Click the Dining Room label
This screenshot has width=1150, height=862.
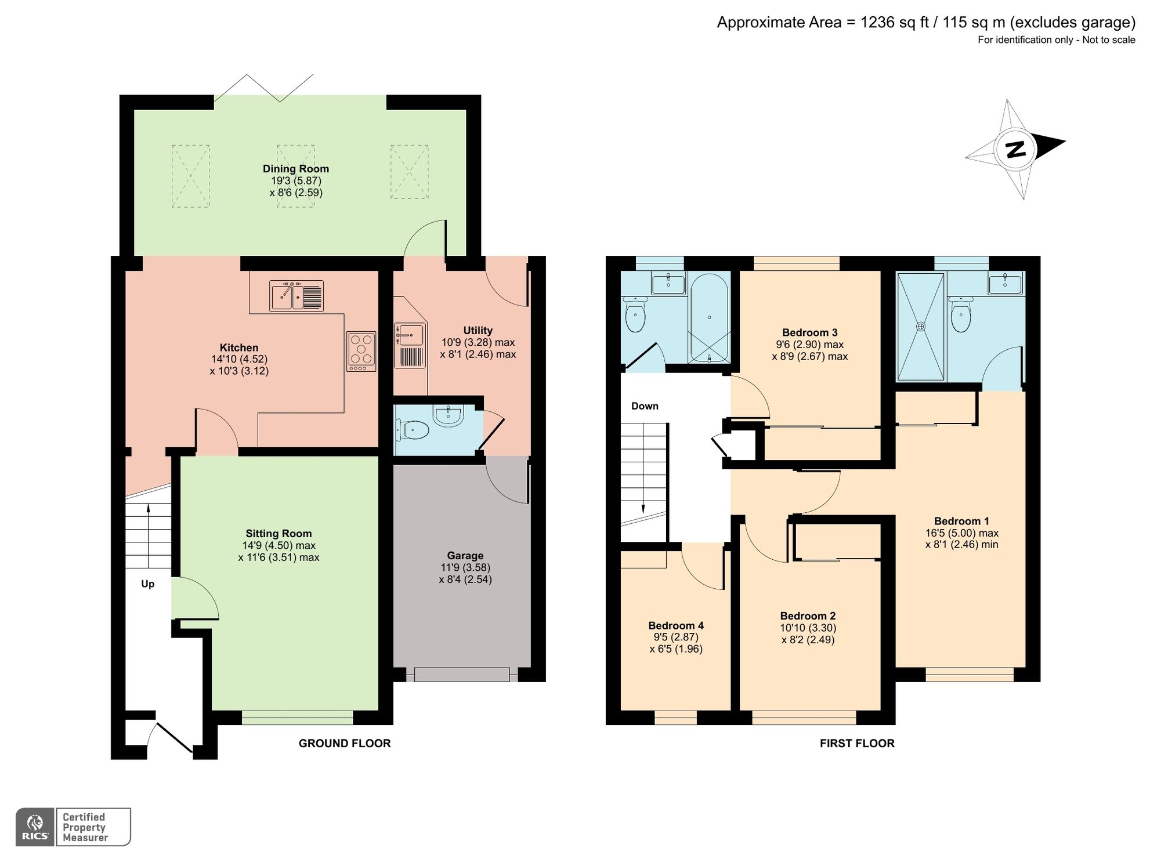coord(295,169)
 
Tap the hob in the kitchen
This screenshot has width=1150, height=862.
coord(361,351)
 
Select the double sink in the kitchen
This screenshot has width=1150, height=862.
coord(296,296)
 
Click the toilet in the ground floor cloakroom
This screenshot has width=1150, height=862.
coord(413,430)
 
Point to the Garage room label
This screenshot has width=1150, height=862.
coord(465,555)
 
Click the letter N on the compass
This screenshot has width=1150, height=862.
coord(1015,150)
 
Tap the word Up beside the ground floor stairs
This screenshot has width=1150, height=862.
coord(148,584)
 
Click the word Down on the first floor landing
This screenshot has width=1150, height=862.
coord(645,406)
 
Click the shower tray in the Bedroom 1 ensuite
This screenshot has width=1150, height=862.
coord(921,327)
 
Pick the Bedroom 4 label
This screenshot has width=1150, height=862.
coord(675,625)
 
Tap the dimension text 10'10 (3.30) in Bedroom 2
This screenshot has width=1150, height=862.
coord(808,628)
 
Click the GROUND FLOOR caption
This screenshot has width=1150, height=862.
coord(345,743)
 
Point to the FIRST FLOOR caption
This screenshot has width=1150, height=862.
coord(856,743)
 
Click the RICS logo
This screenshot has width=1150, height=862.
coord(35,827)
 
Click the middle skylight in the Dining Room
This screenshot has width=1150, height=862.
coord(295,176)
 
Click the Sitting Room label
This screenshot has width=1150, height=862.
coord(279,533)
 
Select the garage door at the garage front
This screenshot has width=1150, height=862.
coord(462,674)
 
